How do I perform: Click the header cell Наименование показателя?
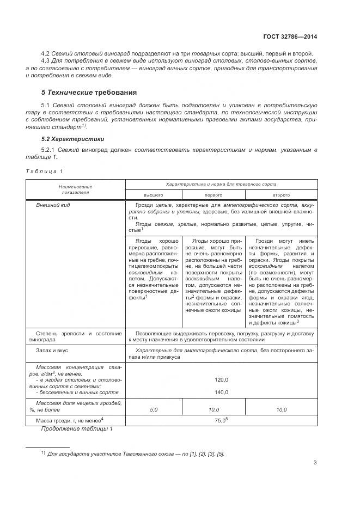tap(76, 189)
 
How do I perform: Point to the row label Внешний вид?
tap(53, 205)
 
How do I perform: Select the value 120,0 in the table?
tap(221, 380)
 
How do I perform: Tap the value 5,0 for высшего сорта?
tap(154, 409)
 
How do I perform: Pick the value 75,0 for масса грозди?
tap(220, 421)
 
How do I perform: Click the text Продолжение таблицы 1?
tap(77, 430)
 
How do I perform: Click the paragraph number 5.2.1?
tap(50, 150)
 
